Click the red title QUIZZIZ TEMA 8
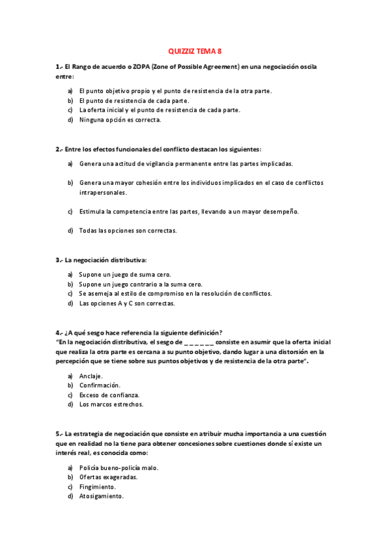click(x=195, y=50)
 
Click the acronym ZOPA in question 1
click(x=142, y=66)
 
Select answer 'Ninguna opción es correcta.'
click(x=120, y=120)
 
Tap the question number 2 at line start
click(x=58, y=149)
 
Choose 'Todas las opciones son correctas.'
click(x=128, y=230)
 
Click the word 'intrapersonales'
click(x=103, y=192)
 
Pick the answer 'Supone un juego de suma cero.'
click(x=125, y=275)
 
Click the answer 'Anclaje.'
click(x=91, y=376)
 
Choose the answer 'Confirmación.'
click(x=100, y=385)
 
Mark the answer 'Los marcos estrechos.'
click(x=111, y=404)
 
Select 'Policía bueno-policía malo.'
click(x=118, y=468)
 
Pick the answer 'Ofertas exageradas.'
click(x=108, y=477)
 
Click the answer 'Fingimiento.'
click(x=98, y=486)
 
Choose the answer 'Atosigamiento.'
click(x=102, y=496)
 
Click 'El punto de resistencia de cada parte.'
click(x=134, y=101)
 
